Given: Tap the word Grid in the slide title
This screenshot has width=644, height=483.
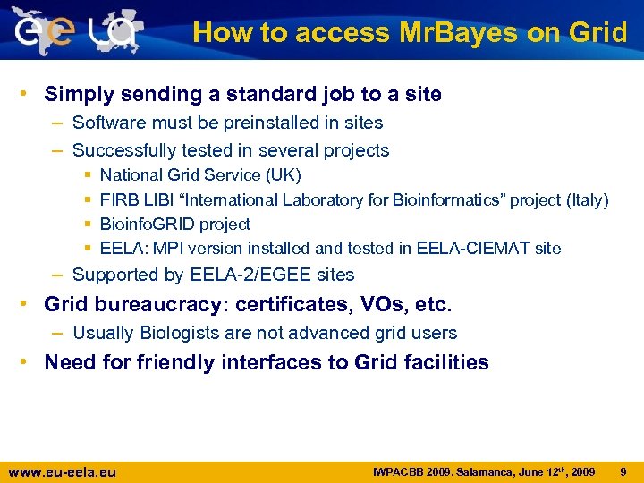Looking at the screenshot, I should click(598, 33).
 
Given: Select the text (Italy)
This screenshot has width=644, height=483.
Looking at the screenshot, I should click(586, 199).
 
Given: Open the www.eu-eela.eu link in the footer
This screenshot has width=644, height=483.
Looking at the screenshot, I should click(62, 471).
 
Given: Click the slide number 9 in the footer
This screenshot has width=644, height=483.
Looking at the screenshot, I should click(623, 470).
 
